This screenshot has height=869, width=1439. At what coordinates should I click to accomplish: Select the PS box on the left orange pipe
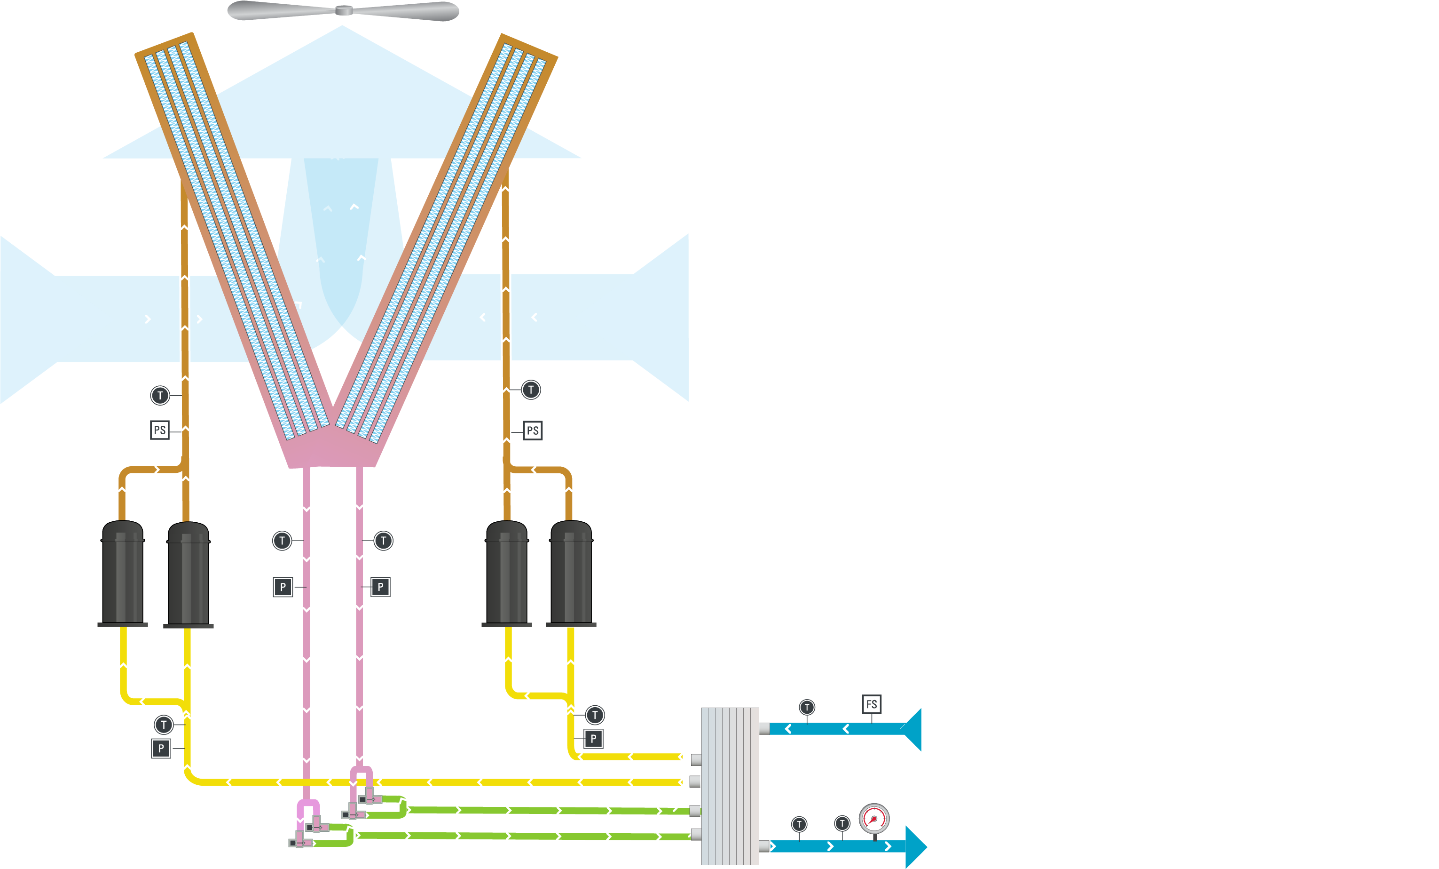point(159,430)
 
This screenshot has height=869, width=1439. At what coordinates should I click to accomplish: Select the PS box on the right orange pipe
point(533,431)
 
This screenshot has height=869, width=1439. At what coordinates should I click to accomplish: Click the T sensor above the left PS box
point(160,396)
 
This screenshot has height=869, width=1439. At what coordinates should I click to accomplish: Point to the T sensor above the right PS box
point(531,390)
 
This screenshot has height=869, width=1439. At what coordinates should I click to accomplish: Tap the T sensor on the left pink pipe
point(282,541)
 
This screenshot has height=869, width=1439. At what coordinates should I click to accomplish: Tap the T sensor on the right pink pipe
point(383,541)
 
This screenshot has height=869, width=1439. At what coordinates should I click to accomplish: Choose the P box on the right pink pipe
point(380,587)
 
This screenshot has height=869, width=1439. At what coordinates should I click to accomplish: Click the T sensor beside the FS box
point(807,708)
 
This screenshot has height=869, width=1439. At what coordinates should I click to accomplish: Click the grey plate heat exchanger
point(730,786)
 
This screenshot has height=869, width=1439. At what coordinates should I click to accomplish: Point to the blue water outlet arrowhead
point(916,847)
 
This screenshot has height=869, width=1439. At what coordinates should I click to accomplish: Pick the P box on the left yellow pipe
point(161,749)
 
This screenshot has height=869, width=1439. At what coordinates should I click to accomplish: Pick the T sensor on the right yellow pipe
point(595,715)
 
